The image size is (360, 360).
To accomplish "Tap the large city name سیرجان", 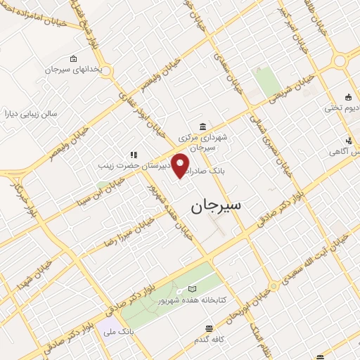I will click(215, 205).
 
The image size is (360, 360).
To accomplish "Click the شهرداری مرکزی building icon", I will click(203, 127).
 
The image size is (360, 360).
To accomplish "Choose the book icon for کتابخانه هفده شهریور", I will click(193, 290).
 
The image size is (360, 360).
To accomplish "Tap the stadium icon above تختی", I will click(347, 97).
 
